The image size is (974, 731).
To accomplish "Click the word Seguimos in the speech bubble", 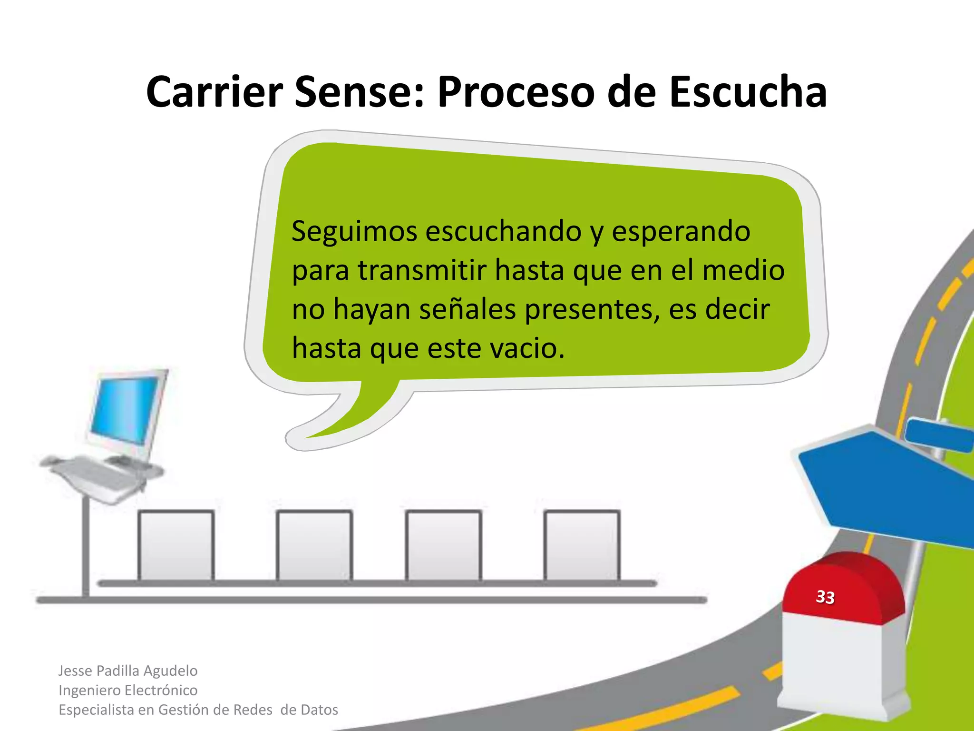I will coord(354,232).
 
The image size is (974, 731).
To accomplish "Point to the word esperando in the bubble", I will coord(681,232).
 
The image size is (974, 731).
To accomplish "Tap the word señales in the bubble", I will coord(468,310).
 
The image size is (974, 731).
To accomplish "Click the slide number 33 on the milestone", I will coord(825,597).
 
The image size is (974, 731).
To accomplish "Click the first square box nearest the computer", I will coord(176,545).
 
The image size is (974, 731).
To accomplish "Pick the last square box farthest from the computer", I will coord(582,545).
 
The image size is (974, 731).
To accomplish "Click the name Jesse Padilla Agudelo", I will coord(127,671).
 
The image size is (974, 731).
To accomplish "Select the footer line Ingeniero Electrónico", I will coord(127,690).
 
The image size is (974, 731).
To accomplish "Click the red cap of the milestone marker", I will coord(843,588).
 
